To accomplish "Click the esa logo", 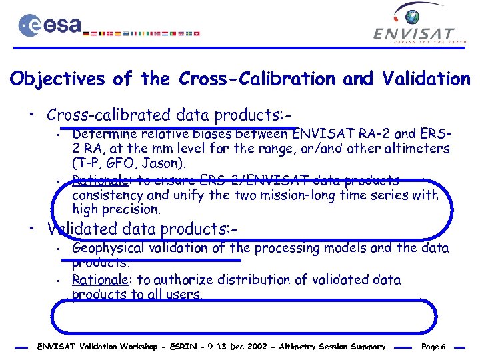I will pos(51,25).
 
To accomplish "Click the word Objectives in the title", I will pos(58,79).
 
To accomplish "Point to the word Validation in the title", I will pos(425,79).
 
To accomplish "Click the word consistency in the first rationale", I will pos(107,195).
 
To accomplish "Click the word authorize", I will pos(183,280).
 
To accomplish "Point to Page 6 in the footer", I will pos(434,347).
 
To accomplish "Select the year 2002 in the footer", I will pos(247,347).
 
